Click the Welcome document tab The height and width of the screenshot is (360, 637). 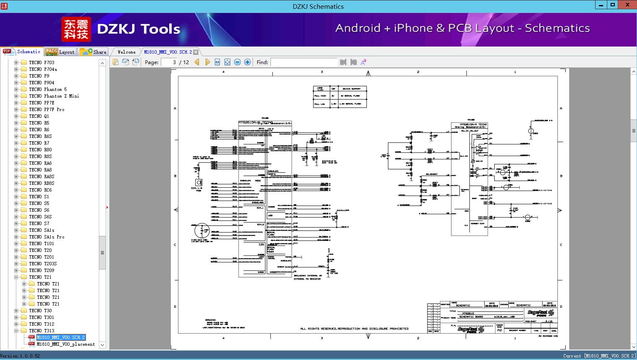tap(126, 52)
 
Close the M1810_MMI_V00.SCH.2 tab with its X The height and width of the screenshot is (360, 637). tap(196, 52)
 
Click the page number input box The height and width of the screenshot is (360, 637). tap(169, 62)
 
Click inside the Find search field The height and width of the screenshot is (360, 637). tap(304, 62)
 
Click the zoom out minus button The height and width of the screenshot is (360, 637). tap(237, 62)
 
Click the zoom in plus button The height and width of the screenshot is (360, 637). tap(248, 62)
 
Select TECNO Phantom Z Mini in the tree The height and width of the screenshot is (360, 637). tap(54, 96)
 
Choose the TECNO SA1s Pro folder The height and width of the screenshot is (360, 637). tap(46, 237)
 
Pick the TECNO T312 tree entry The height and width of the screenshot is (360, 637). tap(41, 324)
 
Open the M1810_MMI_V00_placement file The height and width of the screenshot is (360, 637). tap(66, 344)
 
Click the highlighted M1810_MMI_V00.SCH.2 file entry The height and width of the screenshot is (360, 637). tap(61, 337)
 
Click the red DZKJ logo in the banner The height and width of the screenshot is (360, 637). tap(76, 29)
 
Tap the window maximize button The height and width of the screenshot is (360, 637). tap(613, 5)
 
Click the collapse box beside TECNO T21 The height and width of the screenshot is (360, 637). tap(16, 277)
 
